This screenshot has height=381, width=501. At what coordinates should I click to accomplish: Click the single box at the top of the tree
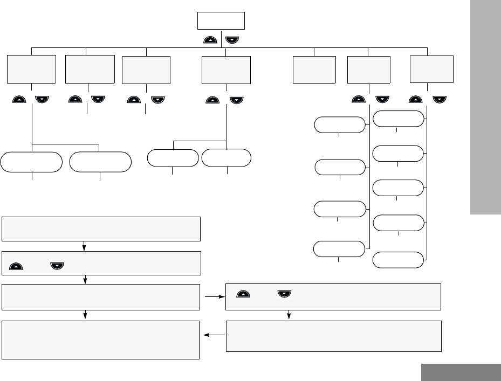(221, 21)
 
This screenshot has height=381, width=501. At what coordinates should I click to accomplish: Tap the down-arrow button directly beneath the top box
(232, 39)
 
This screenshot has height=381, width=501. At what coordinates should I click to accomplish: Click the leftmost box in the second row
(32, 68)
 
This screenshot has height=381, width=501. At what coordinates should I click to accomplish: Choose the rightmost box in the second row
(431, 67)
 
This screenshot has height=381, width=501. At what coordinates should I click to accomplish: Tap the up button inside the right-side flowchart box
(244, 294)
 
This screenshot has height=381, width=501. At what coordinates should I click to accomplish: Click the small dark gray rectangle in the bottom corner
(461, 372)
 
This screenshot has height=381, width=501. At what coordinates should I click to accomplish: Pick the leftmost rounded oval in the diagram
(31, 162)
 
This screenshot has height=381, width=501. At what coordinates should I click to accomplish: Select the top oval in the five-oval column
(399, 119)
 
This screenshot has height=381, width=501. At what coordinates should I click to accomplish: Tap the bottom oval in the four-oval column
(339, 249)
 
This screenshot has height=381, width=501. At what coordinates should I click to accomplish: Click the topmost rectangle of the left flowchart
(101, 228)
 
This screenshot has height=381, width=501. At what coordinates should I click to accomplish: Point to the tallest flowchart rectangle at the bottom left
(101, 340)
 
